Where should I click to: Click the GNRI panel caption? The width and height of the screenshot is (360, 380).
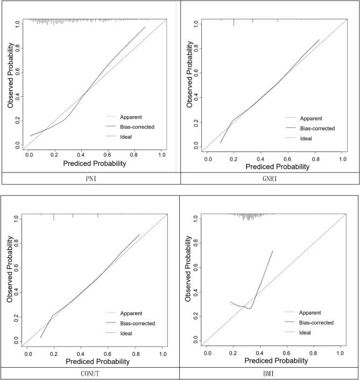270,178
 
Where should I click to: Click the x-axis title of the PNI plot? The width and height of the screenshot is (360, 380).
95,163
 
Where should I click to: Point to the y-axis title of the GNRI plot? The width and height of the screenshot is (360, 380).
190,85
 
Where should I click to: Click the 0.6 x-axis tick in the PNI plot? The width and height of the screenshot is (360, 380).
108,155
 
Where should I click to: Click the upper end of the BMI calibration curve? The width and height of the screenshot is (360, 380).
273,250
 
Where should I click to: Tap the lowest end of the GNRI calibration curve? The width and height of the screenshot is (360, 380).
221,143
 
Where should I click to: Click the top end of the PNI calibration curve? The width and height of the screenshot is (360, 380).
145,27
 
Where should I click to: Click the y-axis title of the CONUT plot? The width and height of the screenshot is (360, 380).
10,281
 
